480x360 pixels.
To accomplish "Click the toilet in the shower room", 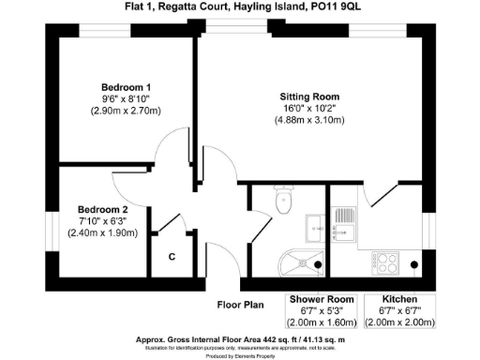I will (284, 200).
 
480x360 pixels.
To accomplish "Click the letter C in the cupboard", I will (172, 256).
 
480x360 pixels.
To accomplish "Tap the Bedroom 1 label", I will (127, 87).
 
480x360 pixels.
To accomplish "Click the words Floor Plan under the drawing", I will (242, 305).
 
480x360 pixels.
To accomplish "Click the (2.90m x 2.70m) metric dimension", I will (127, 111).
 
